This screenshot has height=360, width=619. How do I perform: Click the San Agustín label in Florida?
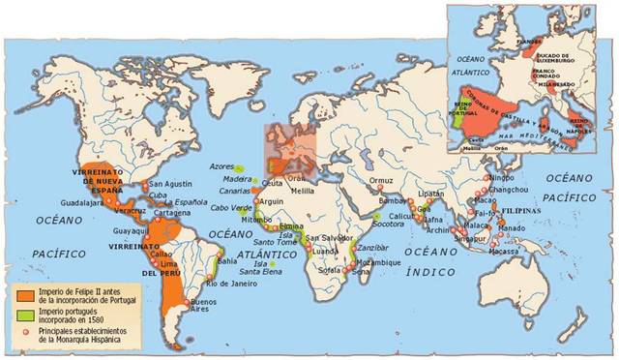170,184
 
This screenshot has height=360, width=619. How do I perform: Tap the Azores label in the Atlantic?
221,166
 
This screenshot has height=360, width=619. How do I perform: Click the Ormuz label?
381,180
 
